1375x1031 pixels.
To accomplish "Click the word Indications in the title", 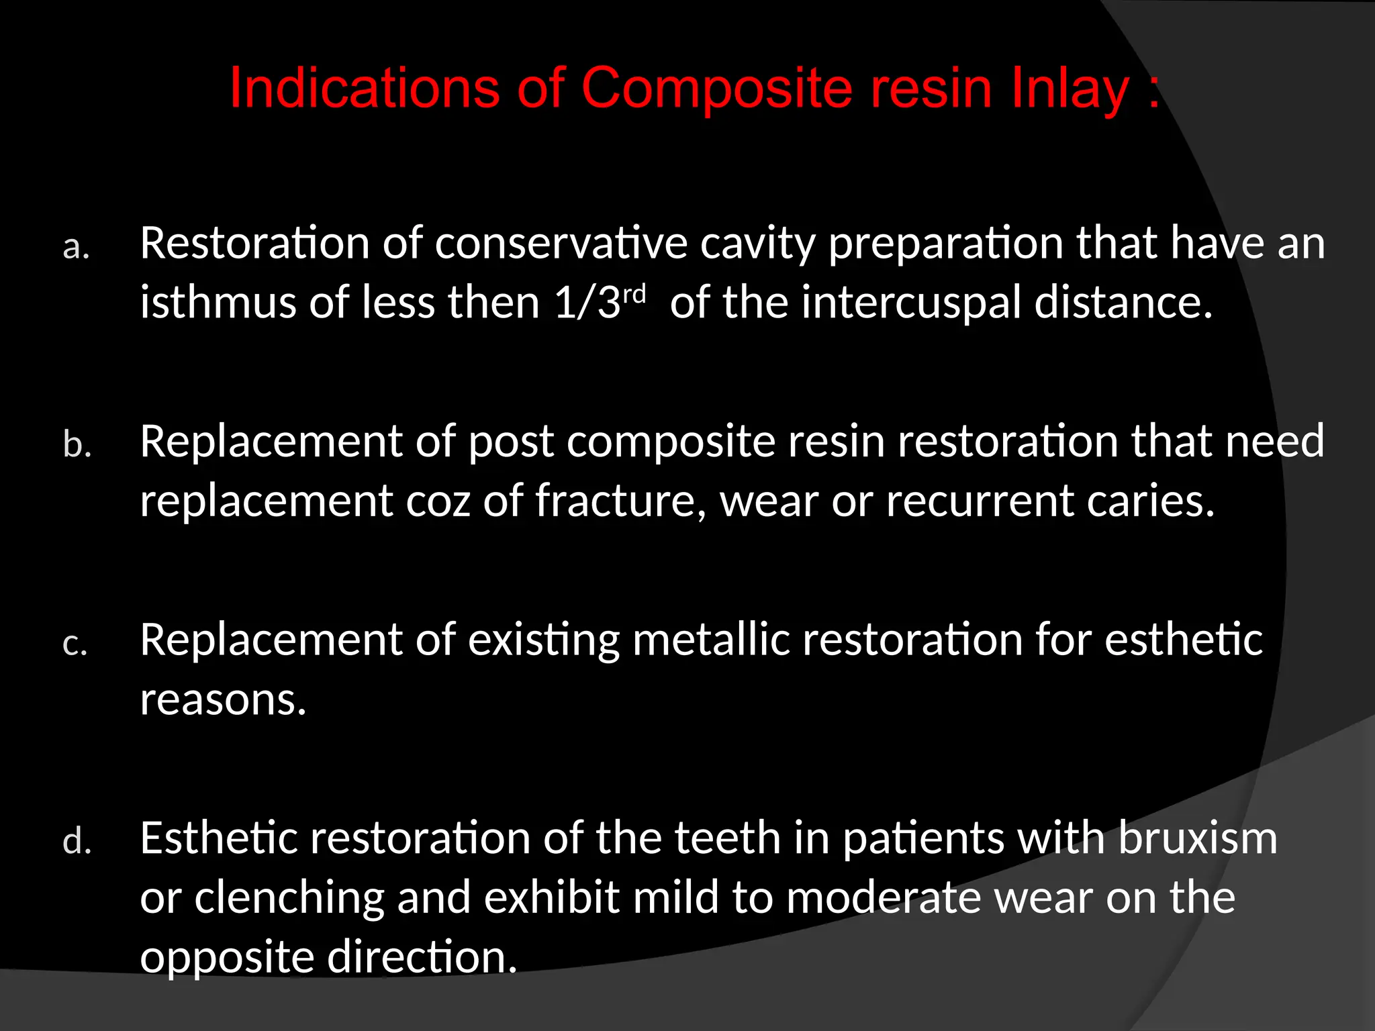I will tap(365, 88).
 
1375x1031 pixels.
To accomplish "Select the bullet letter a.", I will tap(76, 247).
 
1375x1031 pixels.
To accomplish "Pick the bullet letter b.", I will tap(77, 444).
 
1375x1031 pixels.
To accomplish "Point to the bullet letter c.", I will tap(75, 644).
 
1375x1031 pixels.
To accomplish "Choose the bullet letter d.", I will tap(77, 841).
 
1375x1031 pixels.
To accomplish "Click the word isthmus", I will tap(218, 301).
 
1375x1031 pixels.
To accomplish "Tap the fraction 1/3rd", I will tap(600, 301).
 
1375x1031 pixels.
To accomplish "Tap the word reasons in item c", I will tap(223, 699).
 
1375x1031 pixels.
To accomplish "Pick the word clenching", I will tap(289, 897).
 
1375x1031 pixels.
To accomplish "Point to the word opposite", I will tap(227, 958).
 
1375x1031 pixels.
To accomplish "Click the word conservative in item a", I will tap(561, 242).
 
